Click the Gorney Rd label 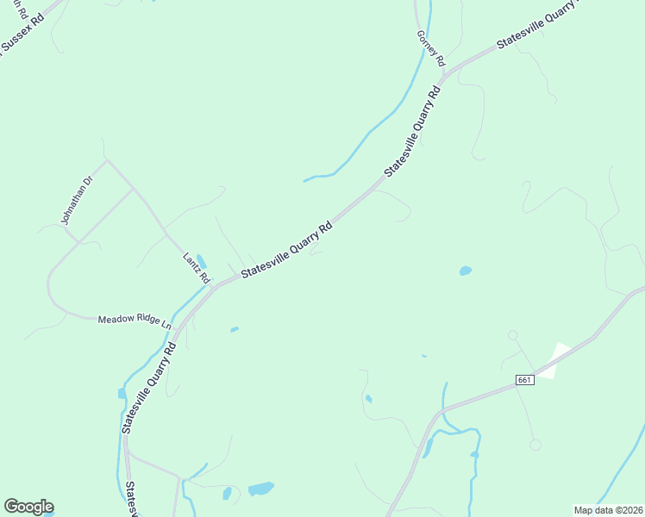429,48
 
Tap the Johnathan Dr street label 76,201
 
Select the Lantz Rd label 197,268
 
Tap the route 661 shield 526,380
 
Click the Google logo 28,507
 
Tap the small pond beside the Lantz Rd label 202,260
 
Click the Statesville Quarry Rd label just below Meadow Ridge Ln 149,387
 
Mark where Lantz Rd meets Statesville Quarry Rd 214,285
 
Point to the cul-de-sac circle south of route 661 535,445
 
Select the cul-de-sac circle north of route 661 512,335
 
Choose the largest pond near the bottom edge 260,489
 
